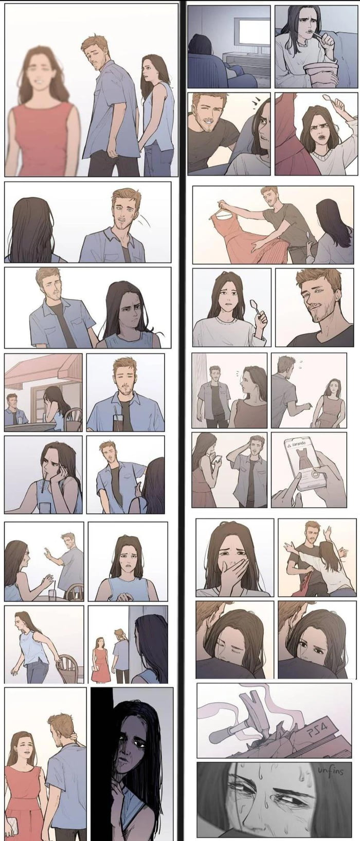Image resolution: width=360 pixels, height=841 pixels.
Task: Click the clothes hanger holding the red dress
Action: pyautogui.click(x=222, y=206)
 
